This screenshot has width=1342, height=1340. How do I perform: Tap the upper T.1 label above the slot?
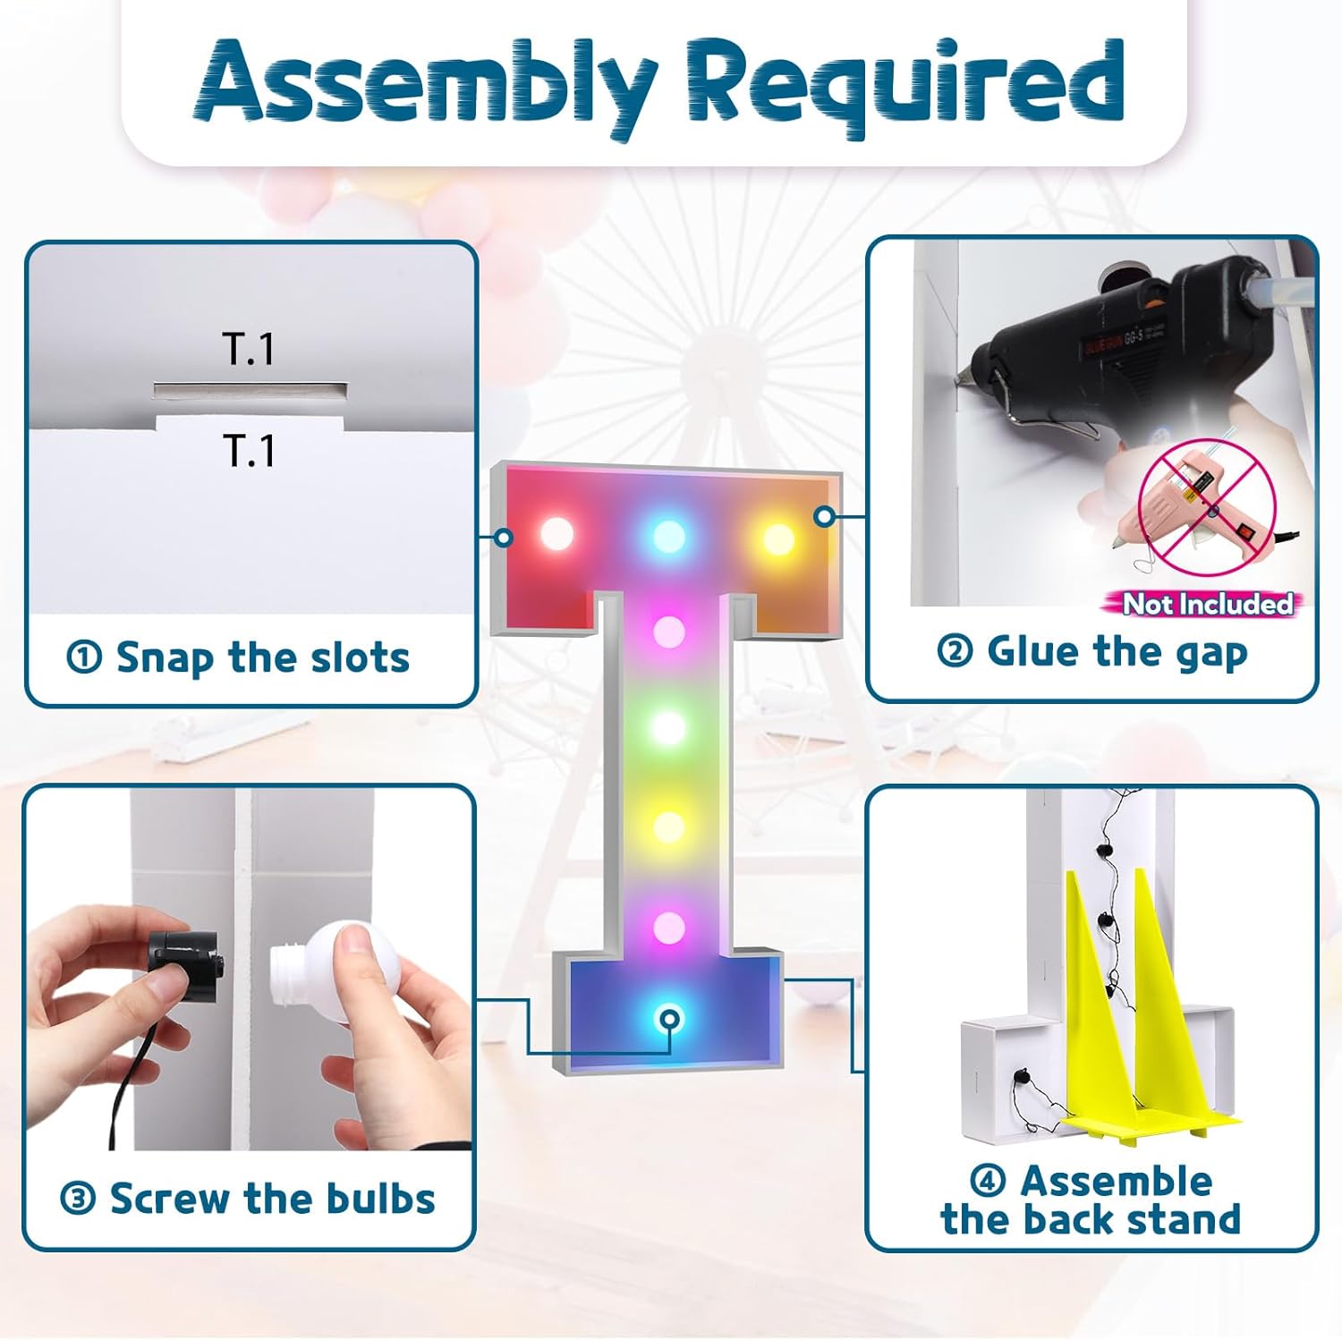click(249, 349)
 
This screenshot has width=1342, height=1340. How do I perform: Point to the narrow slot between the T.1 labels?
click(250, 390)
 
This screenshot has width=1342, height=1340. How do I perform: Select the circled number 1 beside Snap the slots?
click(84, 658)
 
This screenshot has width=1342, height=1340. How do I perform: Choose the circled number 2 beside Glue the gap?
click(955, 651)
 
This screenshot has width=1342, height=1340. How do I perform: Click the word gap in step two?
click(1212, 655)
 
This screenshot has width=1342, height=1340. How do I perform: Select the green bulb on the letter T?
click(668, 727)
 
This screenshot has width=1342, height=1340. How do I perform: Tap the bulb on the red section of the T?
click(556, 534)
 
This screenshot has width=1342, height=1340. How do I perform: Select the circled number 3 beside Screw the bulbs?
click(78, 1199)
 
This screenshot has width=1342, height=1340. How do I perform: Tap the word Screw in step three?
click(170, 1199)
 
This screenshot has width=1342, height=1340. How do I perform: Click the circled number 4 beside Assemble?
click(988, 1181)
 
